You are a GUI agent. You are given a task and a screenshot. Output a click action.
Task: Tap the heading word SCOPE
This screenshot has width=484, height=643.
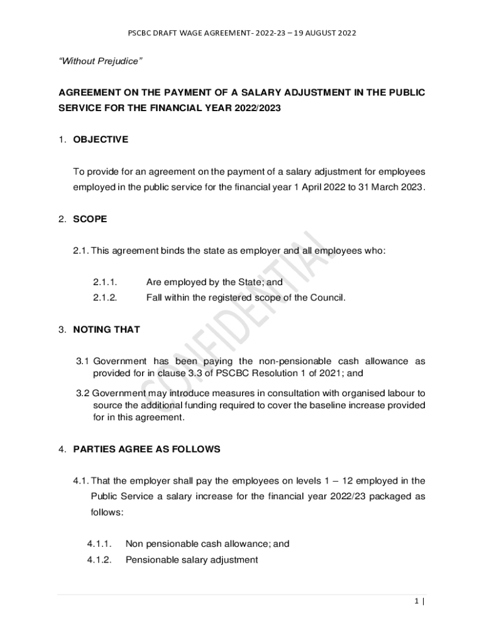click(90, 219)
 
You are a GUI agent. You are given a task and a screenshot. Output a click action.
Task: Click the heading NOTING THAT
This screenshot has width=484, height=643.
click(106, 329)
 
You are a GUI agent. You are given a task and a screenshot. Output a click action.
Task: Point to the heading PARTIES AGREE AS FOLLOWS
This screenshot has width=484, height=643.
click(146, 449)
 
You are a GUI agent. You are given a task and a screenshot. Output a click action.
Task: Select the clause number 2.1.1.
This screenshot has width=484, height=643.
click(105, 283)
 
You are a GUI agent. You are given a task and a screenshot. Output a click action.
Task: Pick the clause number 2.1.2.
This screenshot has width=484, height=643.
click(105, 298)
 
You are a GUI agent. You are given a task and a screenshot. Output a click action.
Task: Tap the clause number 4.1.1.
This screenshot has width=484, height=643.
click(99, 544)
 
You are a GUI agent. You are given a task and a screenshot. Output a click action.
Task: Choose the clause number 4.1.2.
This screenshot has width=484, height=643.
click(99, 559)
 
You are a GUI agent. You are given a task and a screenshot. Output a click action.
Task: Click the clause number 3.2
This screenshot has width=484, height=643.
click(83, 393)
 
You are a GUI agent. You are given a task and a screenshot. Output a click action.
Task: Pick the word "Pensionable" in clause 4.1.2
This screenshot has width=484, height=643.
click(151, 559)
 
